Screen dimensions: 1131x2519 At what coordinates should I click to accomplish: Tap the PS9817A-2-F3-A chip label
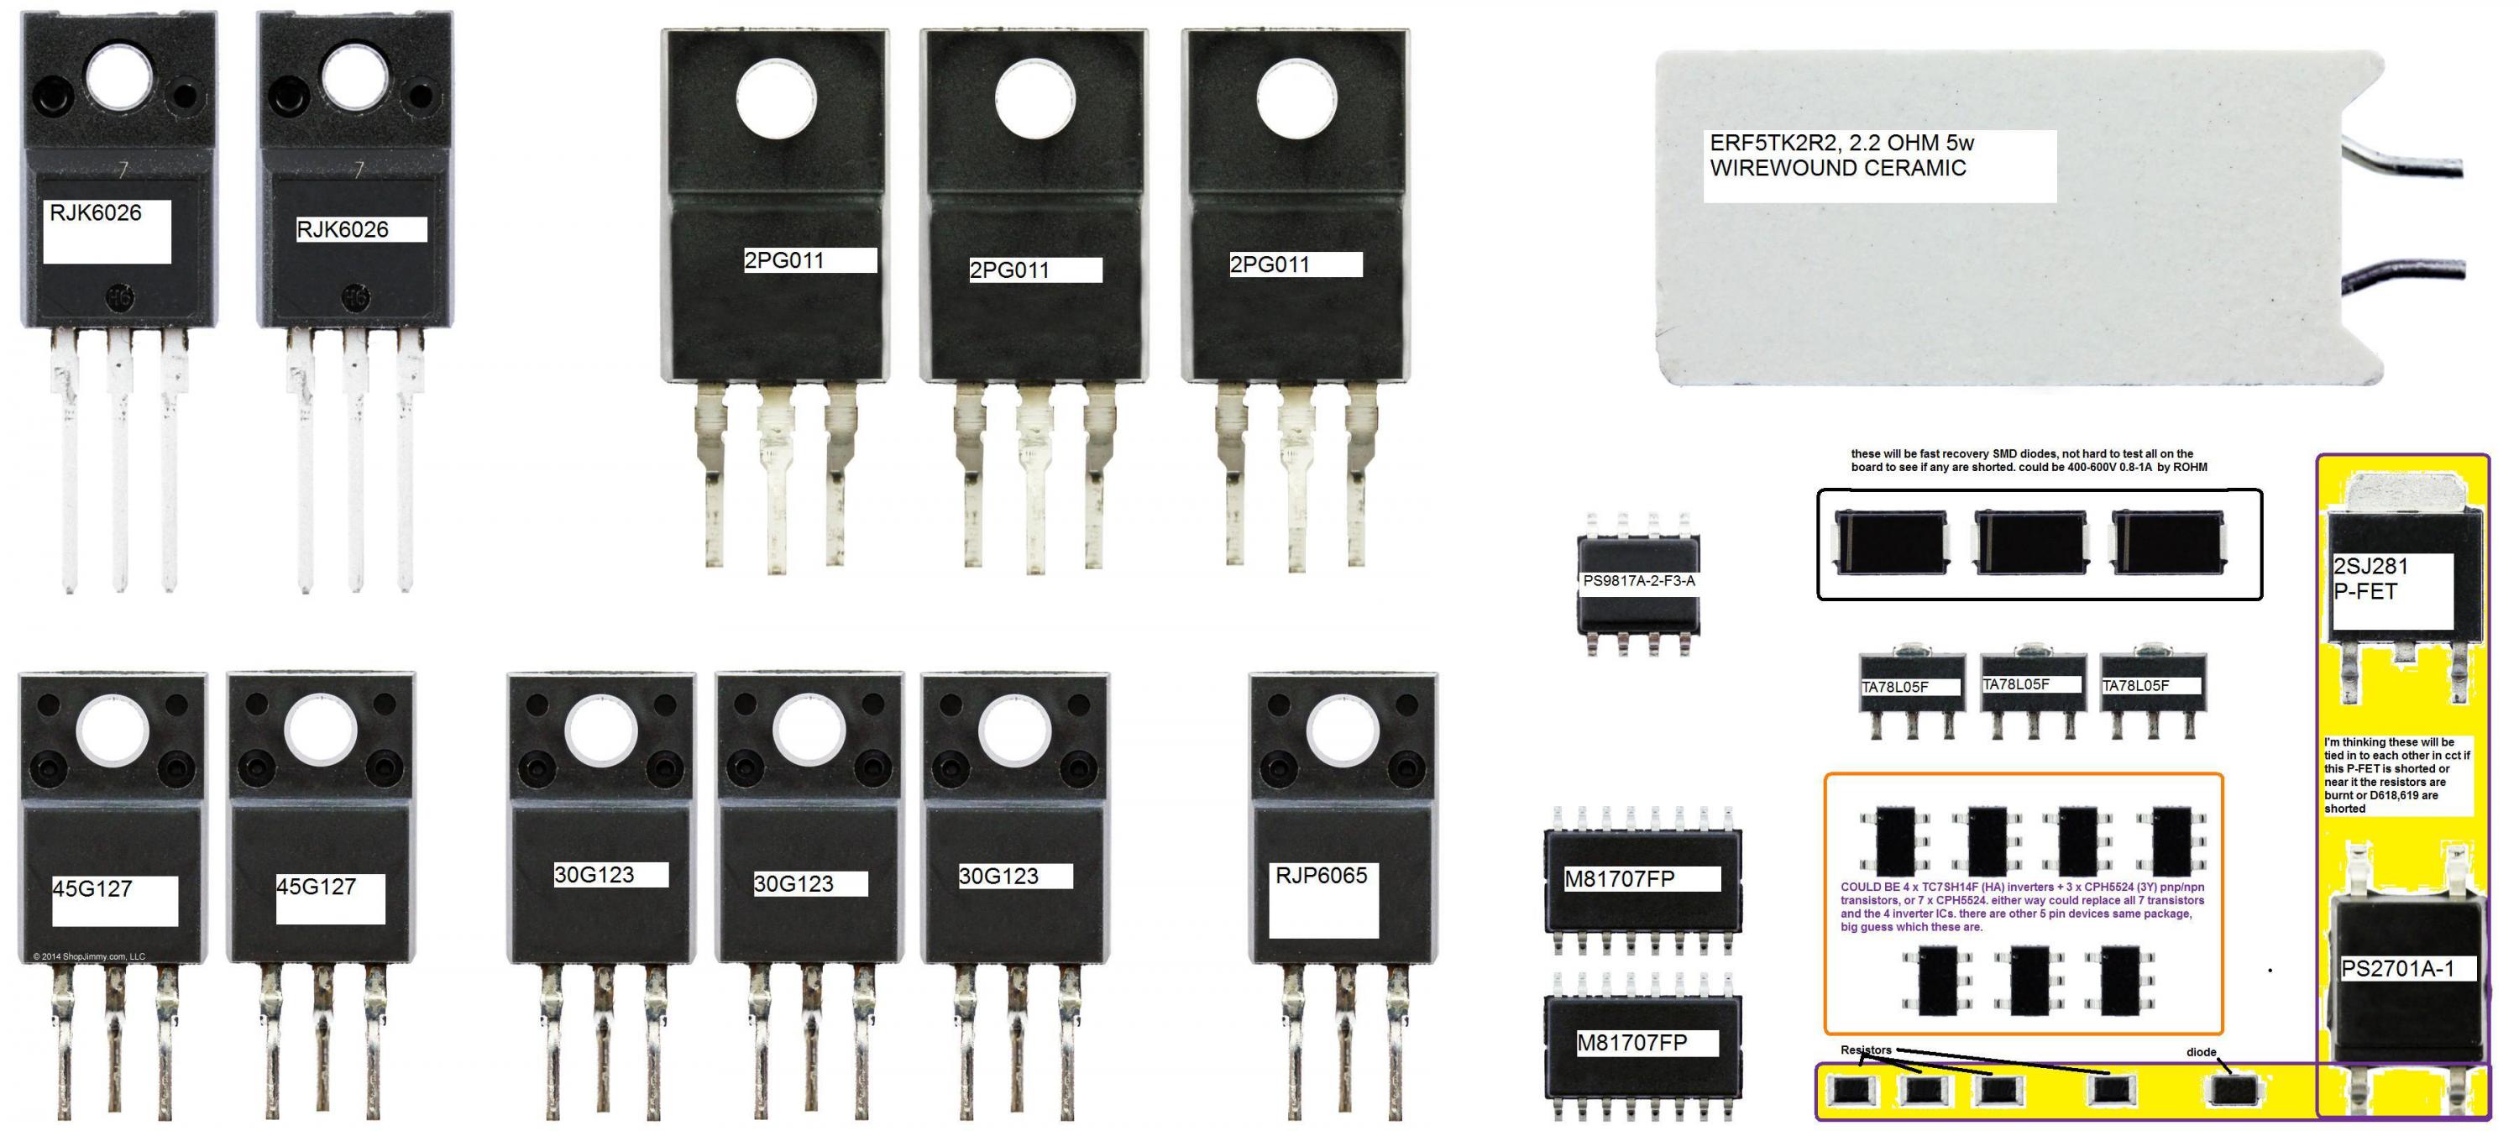click(1638, 581)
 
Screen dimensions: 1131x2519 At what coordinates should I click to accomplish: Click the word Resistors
click(1865, 1050)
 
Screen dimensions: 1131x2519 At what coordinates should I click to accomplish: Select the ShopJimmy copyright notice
click(88, 956)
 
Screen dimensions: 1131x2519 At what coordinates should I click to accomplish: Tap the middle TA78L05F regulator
click(2032, 687)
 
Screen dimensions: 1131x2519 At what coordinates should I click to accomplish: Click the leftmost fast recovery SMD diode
click(1889, 542)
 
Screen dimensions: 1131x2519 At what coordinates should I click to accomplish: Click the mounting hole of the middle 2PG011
click(1034, 99)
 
